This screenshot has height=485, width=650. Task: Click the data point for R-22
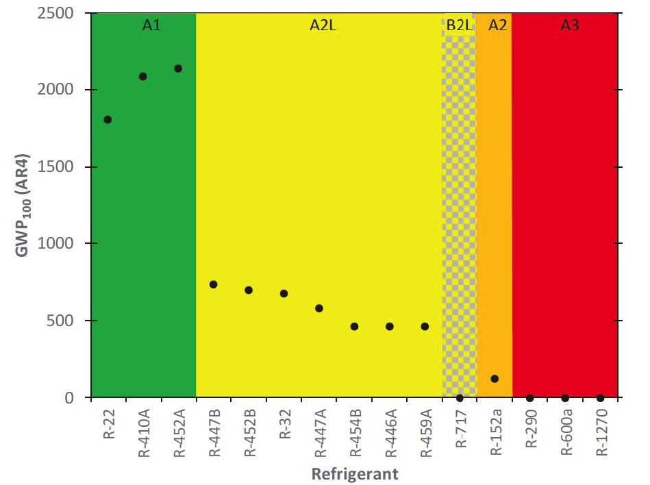(x=108, y=120)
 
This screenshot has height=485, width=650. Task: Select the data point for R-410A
(x=143, y=77)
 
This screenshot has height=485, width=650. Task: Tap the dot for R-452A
(x=178, y=69)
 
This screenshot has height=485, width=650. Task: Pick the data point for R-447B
(x=213, y=284)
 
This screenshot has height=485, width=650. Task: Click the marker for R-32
(x=284, y=293)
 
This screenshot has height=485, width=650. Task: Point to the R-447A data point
(x=319, y=308)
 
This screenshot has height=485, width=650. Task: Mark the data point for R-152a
(x=495, y=379)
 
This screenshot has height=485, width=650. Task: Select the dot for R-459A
(x=425, y=326)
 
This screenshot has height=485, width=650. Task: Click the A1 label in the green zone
(x=151, y=25)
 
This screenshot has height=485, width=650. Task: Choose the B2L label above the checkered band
(x=459, y=25)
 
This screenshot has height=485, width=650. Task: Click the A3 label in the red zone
(x=570, y=25)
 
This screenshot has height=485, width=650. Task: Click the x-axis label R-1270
(x=601, y=434)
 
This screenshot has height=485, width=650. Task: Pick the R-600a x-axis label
(x=566, y=434)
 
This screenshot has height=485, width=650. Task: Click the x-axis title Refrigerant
(x=355, y=473)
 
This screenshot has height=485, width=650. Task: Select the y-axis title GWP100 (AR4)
(x=25, y=206)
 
